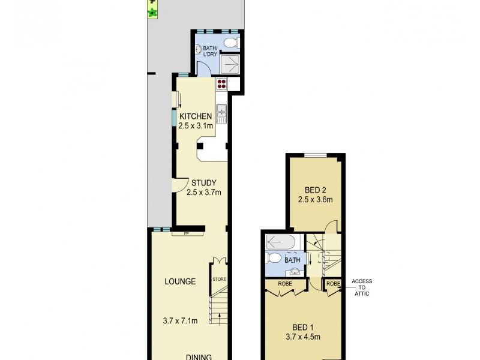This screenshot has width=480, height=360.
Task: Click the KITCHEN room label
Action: pyautogui.click(x=195, y=116)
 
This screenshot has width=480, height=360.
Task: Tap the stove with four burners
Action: pyautogui.click(x=222, y=84)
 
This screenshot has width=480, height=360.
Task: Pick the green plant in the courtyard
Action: pyautogui.click(x=153, y=12)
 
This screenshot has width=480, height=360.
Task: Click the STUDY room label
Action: pyautogui.click(x=204, y=183)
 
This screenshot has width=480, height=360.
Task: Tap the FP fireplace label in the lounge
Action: pyautogui.click(x=187, y=233)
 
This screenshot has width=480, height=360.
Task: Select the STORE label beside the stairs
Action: pyautogui.click(x=219, y=280)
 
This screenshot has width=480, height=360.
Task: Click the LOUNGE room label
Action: pyautogui.click(x=180, y=281)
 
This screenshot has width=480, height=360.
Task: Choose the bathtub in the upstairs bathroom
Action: pyautogui.click(x=281, y=242)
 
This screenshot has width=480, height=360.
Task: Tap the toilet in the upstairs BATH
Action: pyautogui.click(x=274, y=259)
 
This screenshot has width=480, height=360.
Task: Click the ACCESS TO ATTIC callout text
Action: pyautogui.click(x=362, y=287)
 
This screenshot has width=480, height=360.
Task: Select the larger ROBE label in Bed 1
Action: pyautogui.click(x=285, y=283)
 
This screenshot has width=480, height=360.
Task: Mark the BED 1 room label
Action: pyautogui.click(x=303, y=327)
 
